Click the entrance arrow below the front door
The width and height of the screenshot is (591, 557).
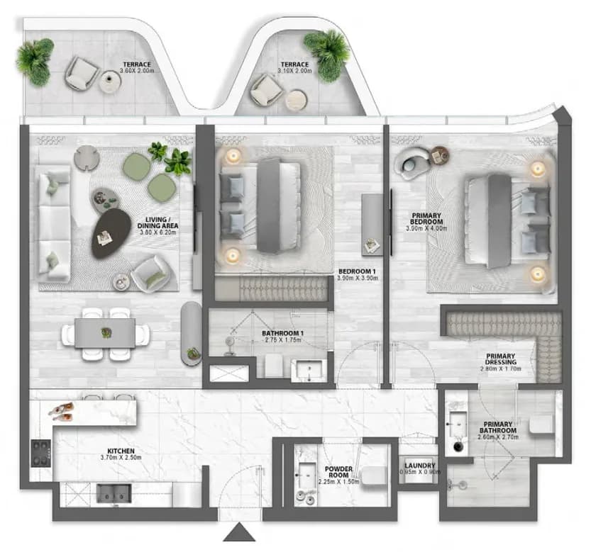tap(239, 533)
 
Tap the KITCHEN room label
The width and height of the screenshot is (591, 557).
tap(121, 451)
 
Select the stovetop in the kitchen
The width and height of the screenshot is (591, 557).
tap(40, 453)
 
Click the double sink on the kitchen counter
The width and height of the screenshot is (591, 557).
tap(114, 493)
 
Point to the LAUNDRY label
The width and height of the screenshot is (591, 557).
tap(420, 466)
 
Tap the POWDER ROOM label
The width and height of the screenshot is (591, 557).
tap(338, 472)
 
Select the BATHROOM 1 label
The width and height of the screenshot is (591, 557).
tap(282, 334)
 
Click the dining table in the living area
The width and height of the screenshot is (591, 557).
tap(105, 333)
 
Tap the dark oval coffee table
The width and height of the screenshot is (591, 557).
tap(111, 233)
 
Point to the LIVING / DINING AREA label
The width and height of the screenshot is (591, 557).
tap(158, 223)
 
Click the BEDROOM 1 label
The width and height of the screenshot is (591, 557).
tap(357, 271)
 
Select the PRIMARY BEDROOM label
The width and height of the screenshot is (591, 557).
tap(426, 219)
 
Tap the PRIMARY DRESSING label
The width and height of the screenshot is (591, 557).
tap(501, 359)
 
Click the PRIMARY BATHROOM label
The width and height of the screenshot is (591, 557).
tap(498, 427)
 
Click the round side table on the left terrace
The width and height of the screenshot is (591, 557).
tap(110, 81)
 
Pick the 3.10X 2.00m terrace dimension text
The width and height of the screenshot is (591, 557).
tap(294, 71)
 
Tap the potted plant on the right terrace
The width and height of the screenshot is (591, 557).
tap(327, 55)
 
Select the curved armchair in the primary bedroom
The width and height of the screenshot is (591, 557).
tap(412, 162)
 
